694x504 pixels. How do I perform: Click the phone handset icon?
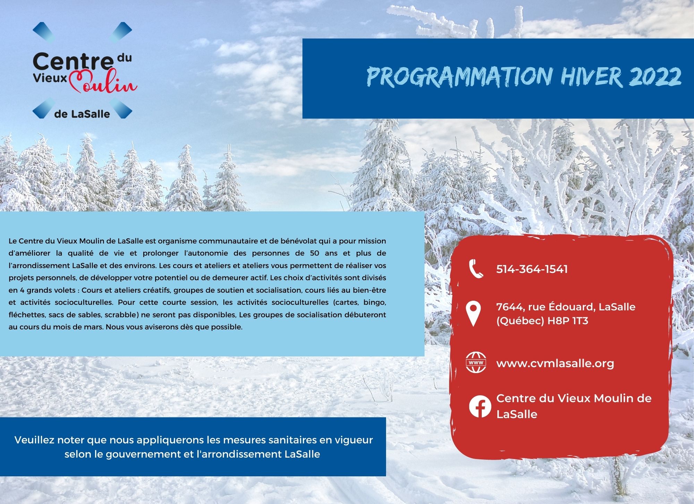[476, 269]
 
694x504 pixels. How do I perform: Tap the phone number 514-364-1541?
[532, 269]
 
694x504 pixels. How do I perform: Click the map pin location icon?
[473, 314]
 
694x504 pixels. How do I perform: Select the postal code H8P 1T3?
[568, 321]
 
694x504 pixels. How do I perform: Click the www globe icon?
[476, 363]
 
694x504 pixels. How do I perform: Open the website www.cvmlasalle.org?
[555, 363]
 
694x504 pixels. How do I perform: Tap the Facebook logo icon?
[480, 406]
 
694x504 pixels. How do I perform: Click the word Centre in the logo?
[73, 61]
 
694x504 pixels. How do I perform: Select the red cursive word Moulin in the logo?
[103, 82]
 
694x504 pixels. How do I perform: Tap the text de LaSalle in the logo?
[82, 114]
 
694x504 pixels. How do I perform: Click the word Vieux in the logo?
[50, 78]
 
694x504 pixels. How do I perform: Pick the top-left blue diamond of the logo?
[43, 32]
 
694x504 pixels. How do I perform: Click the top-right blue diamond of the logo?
[121, 32]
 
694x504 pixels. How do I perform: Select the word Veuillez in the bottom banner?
[34, 440]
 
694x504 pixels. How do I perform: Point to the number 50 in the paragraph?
[314, 253]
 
